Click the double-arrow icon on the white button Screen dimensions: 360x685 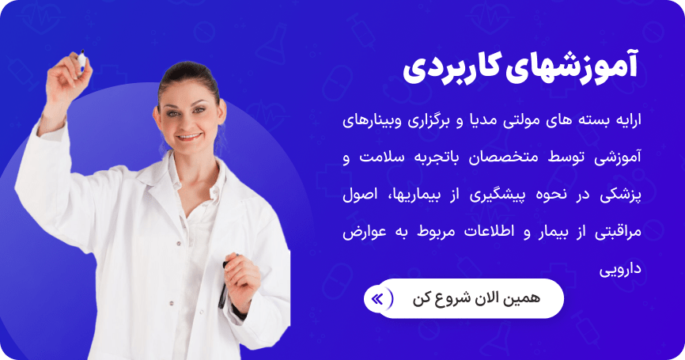click(x=377, y=298)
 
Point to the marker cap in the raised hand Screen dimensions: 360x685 click(x=81, y=58)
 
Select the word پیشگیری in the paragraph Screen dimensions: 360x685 click(x=486, y=194)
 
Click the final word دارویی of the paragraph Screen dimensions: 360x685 click(x=630, y=271)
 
